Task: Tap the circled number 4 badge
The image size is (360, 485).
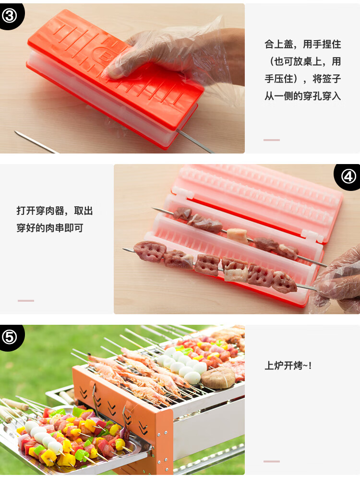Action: point(348,177)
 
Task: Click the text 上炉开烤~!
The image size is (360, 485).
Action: point(288,366)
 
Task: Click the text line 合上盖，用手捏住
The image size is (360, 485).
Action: point(302,44)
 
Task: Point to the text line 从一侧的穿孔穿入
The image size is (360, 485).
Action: point(302,96)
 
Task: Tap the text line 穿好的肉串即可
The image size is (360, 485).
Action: point(50,228)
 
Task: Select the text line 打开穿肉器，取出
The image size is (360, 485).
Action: point(54,211)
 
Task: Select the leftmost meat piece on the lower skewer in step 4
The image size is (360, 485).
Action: point(149,251)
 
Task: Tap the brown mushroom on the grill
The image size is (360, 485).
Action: point(218,378)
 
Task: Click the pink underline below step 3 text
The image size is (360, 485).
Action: point(272,140)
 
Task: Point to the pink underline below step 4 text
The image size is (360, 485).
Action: point(26,301)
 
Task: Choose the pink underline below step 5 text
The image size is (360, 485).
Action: point(272,461)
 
